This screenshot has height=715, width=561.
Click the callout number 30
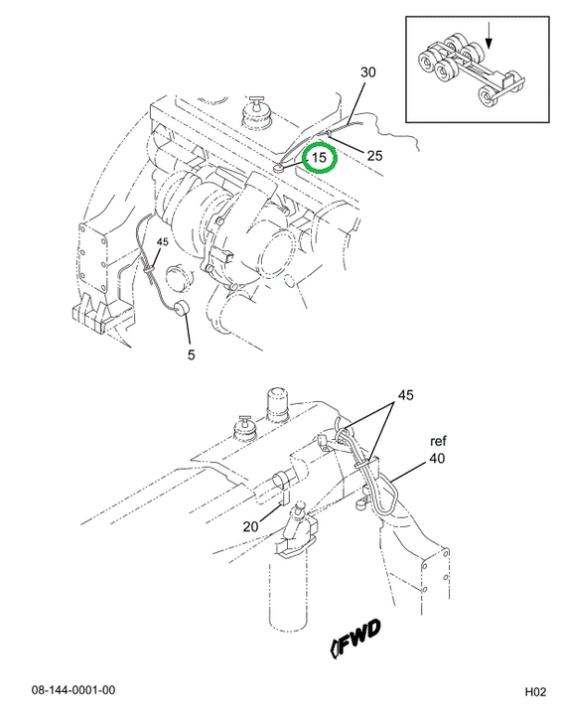[368, 72]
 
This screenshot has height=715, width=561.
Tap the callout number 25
[374, 156]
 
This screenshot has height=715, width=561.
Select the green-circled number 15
[319, 157]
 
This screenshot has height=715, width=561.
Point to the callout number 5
[191, 355]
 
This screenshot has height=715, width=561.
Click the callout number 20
[250, 526]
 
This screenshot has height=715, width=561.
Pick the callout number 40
[437, 458]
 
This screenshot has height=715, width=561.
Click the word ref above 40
[438, 441]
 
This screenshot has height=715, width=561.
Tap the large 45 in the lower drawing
[405, 395]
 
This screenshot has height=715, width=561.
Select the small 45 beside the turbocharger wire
[163, 241]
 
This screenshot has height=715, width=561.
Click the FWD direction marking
[355, 638]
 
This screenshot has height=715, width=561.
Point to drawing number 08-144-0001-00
[73, 690]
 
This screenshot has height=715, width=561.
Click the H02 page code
[535, 692]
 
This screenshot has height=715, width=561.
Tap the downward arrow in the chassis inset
[489, 36]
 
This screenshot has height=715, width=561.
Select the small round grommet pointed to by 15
[278, 169]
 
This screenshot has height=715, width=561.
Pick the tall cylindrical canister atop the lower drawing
[278, 403]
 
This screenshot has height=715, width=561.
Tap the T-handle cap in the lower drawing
[246, 429]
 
